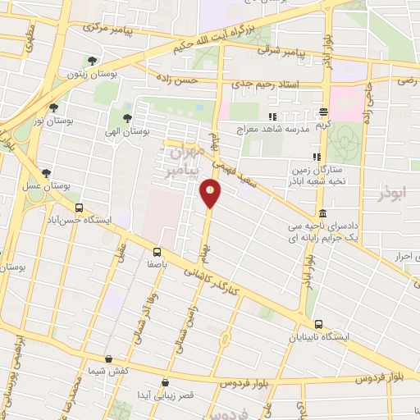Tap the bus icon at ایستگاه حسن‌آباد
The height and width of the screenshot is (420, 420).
coord(79,208)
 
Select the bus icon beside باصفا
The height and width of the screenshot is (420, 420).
coord(157,253)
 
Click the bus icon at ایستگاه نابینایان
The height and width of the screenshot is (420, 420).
coord(317,323)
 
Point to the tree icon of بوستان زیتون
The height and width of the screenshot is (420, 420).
coord(92,61)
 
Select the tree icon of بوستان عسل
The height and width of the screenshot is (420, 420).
coord(46,173)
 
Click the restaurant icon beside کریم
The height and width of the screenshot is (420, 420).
coord(324,112)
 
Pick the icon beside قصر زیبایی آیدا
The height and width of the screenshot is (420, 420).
coord(166,381)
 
